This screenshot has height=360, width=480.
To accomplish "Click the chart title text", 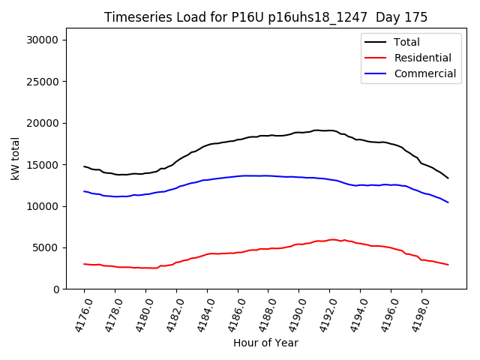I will pos(265,17).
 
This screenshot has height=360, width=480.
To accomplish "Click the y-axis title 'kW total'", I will pos(16,158).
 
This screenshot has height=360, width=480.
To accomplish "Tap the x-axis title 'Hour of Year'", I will pos(265,343).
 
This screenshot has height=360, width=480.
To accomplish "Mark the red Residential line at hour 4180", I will pos(145,268).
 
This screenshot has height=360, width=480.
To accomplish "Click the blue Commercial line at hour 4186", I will pos(238,176).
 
